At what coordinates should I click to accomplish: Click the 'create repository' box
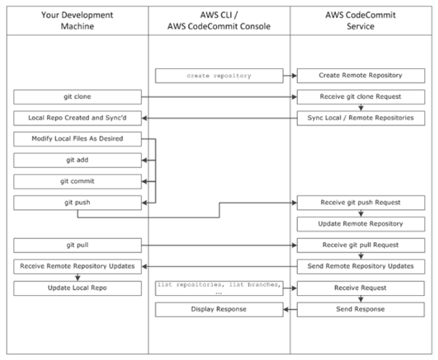[x=219, y=76]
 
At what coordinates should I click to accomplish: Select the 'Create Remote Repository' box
[x=361, y=76]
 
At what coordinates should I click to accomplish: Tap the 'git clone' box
[x=77, y=97]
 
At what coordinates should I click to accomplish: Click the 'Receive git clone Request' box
[x=361, y=97]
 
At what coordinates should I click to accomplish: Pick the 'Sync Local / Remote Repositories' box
[x=361, y=118]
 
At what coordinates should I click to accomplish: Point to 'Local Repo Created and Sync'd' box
[x=77, y=118]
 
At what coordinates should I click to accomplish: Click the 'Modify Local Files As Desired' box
[x=77, y=139]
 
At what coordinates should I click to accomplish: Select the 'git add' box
[x=77, y=160]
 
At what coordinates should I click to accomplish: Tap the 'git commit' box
[x=77, y=181]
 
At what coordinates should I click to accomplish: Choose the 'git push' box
[x=77, y=202]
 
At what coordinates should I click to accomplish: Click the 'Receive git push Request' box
[x=361, y=202]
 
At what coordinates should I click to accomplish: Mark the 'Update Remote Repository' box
[x=361, y=224]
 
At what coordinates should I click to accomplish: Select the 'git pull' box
[x=77, y=245]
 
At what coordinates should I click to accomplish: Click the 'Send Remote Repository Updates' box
[x=361, y=267]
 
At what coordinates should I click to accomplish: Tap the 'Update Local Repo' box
[x=77, y=288]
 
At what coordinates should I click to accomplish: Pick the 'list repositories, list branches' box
[x=219, y=288]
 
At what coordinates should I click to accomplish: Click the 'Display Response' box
[x=219, y=309]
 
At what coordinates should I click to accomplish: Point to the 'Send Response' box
[x=361, y=309]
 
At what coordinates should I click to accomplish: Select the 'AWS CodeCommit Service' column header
[x=361, y=20]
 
